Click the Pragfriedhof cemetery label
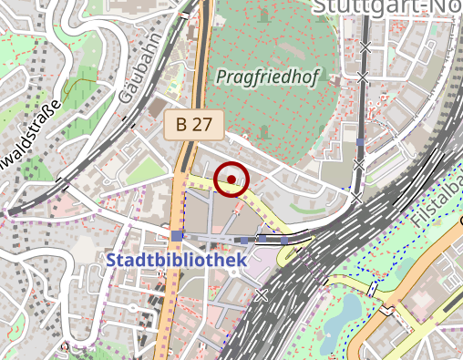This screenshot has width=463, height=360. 267,78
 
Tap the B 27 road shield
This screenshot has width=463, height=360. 193,125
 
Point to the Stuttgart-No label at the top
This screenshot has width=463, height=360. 386,9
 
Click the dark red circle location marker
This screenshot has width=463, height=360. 232,180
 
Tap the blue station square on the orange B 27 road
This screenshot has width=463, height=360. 176,236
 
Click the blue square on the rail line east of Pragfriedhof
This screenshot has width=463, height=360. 361,142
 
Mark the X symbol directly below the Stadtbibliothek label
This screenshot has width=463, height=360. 262,294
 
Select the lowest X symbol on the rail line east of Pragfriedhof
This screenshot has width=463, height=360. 357,196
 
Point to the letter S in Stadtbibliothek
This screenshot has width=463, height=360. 112,261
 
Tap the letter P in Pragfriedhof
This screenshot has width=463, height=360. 221,78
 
